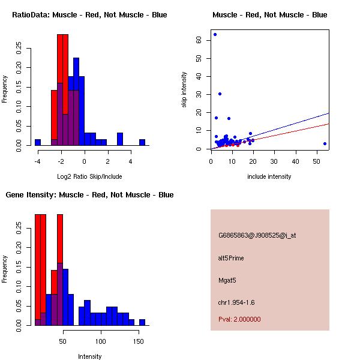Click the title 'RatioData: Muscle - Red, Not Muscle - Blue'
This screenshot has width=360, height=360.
[x=89, y=15]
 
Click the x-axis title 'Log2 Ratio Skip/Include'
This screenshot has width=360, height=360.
[x=89, y=176]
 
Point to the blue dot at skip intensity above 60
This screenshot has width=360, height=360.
[x=215, y=34]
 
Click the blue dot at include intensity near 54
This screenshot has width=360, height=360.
[x=325, y=143]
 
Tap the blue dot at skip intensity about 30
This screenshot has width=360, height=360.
[x=220, y=94]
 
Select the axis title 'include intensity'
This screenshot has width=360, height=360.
[x=269, y=176]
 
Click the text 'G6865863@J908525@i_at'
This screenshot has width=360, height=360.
[x=257, y=235]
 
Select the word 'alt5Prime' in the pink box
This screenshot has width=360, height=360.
[x=231, y=258]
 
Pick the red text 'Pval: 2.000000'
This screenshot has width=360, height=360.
[x=239, y=319]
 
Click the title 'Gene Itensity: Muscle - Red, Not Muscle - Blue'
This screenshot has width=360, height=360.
[x=89, y=195]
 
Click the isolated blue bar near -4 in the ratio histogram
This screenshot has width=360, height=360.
[x=38, y=142]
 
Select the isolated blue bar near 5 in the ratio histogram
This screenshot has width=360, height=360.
[x=142, y=142]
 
